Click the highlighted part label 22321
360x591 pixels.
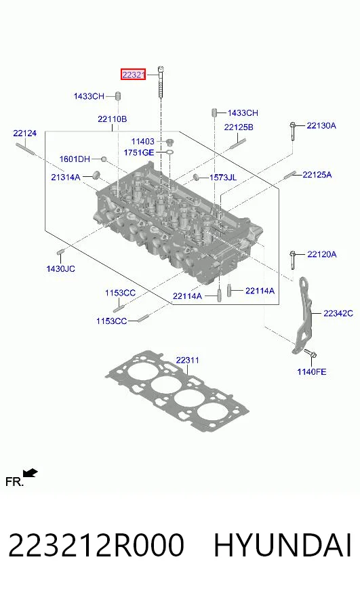133,75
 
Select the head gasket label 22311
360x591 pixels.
187,361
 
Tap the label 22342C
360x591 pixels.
338,313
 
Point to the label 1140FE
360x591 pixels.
312,372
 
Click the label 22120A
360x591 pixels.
322,254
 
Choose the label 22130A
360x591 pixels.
321,125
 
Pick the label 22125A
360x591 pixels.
317,174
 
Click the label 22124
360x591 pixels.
25,133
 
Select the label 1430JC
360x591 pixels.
61,269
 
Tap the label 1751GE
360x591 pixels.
139,152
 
